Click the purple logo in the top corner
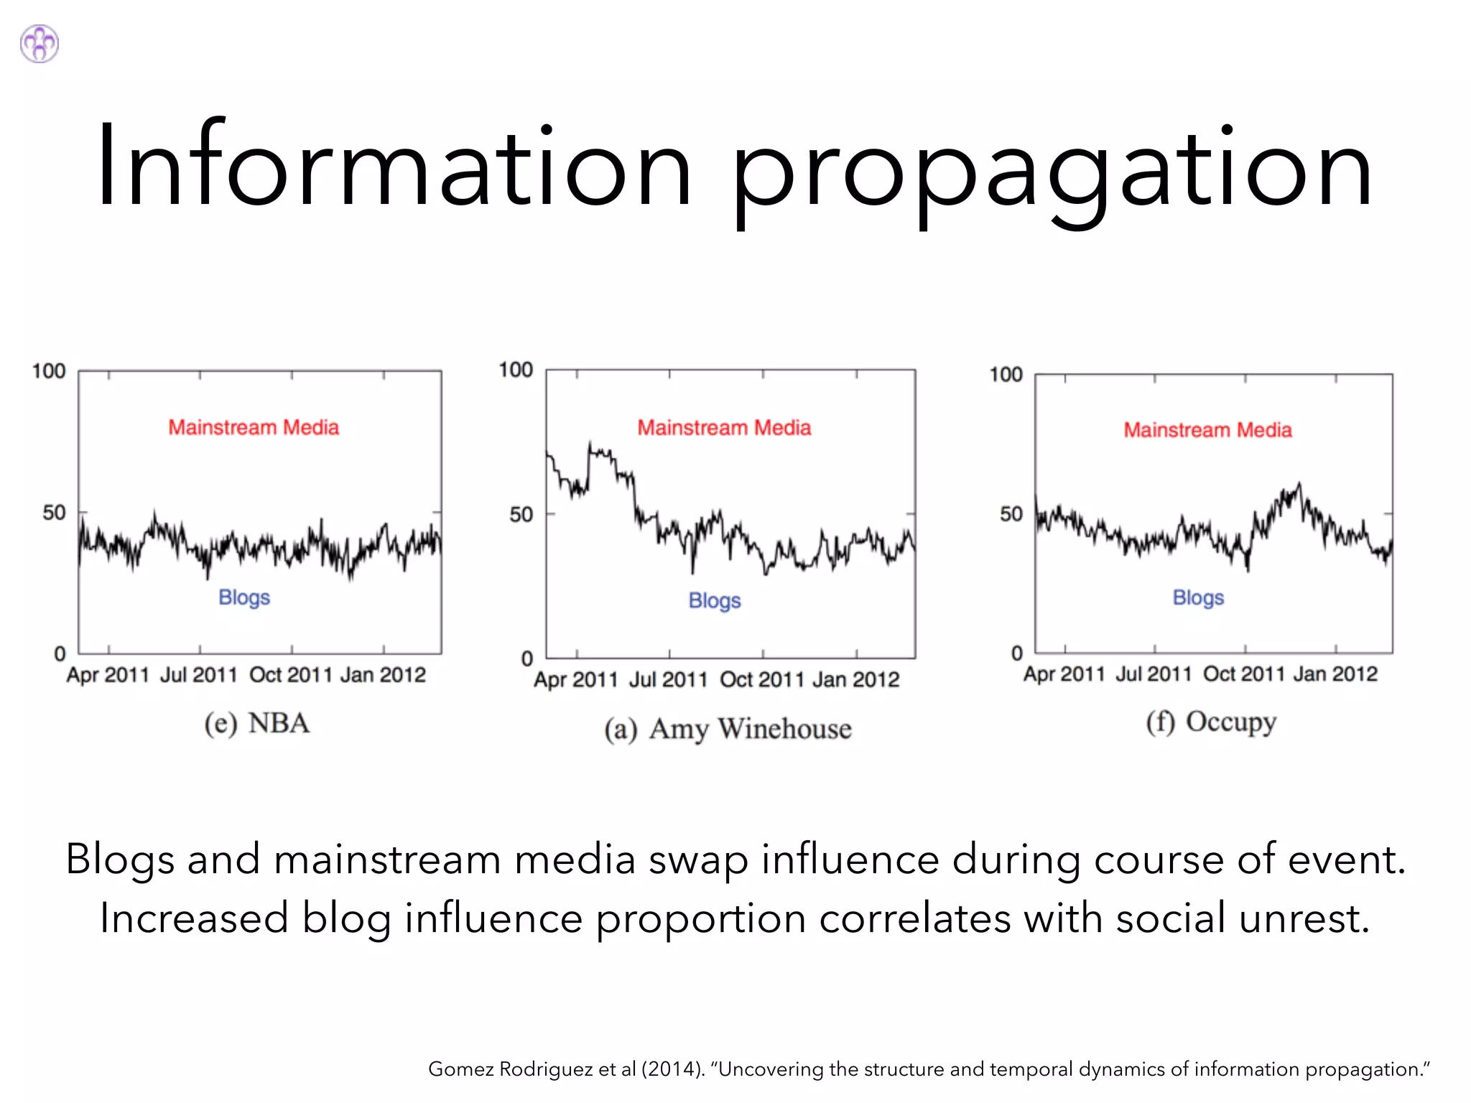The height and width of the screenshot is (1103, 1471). (40, 44)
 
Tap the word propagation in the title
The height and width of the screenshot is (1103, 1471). (1051, 172)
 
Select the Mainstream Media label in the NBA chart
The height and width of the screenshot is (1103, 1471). (254, 427)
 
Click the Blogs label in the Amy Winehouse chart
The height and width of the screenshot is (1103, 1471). (714, 600)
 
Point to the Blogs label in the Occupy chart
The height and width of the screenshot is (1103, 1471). (1198, 597)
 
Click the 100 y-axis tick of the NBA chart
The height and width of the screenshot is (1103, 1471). (49, 371)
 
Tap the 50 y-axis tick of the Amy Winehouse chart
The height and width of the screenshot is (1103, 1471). (521, 514)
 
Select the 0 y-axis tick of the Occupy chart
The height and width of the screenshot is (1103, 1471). (1016, 653)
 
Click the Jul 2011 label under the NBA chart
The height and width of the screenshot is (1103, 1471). (199, 675)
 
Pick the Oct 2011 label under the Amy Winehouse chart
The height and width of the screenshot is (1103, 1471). (761, 679)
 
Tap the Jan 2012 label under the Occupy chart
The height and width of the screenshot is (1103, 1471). (1335, 674)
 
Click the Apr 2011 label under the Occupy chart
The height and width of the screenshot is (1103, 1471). (1064, 674)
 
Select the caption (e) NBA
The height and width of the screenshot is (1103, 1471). (257, 723)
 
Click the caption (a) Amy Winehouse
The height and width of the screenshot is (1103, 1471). (728, 729)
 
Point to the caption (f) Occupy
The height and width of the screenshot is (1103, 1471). (1211, 722)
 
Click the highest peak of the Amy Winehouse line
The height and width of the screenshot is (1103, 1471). (590, 443)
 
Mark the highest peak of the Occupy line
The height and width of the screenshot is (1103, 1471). (1299, 484)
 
